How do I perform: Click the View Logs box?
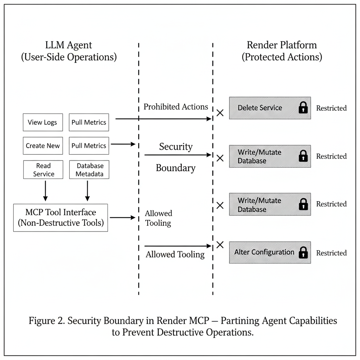pos(43,123)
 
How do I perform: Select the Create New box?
pos(43,146)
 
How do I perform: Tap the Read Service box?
pos(44,169)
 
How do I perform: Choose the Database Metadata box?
pos(89,169)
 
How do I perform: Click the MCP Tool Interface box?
pos(60,218)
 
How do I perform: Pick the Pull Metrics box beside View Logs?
pos(89,123)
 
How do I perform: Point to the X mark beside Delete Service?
pos(220,113)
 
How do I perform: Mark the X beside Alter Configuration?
pos(220,245)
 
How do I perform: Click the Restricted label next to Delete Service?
pos(331,108)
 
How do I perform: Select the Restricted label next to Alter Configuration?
pos(331,253)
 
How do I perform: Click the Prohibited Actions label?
pos(176,107)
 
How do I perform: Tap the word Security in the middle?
pos(176,147)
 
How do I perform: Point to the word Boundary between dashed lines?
pos(175,168)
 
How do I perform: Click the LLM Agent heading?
pos(69,45)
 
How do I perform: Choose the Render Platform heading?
pos(282,45)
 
